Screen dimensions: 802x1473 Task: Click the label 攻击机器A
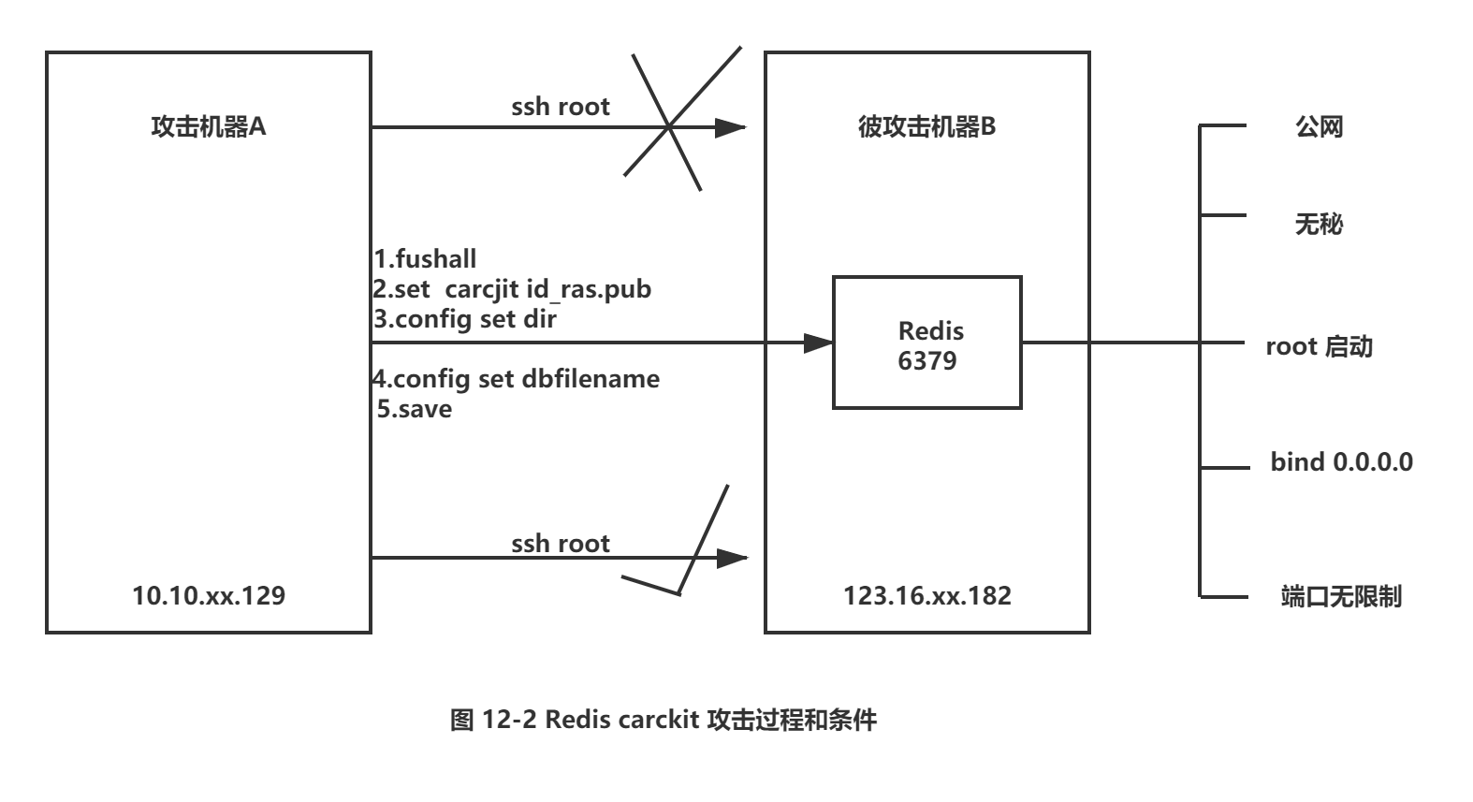point(208,126)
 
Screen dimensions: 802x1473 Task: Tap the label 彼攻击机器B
point(926,126)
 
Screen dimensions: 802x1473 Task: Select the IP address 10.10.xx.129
point(209,595)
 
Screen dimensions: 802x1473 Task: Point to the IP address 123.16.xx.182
point(926,595)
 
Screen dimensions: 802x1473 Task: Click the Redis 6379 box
point(926,343)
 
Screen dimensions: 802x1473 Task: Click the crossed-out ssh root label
point(560,107)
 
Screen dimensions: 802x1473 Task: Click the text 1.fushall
point(425,258)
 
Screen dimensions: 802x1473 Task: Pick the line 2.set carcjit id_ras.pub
point(511,288)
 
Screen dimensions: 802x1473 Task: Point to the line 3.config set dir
point(464,318)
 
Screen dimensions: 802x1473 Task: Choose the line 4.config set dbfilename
point(516,378)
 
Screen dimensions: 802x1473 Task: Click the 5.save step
point(414,408)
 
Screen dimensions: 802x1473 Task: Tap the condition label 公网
point(1319,126)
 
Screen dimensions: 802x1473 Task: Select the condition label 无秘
point(1319,224)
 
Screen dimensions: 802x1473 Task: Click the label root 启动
point(1319,346)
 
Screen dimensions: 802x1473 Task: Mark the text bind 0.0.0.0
point(1340,461)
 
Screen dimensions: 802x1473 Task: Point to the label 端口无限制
point(1340,596)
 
